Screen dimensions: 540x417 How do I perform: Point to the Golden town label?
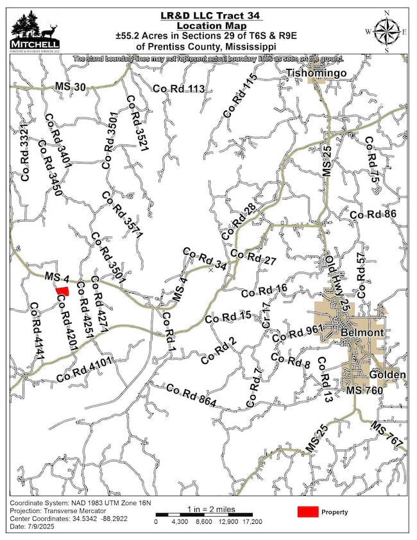tap(387, 375)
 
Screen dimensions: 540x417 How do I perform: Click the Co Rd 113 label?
tap(179, 89)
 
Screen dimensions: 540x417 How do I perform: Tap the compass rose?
tap(387, 30)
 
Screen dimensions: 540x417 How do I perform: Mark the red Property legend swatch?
tap(309, 512)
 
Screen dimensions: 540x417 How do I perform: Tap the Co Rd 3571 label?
tap(122, 216)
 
